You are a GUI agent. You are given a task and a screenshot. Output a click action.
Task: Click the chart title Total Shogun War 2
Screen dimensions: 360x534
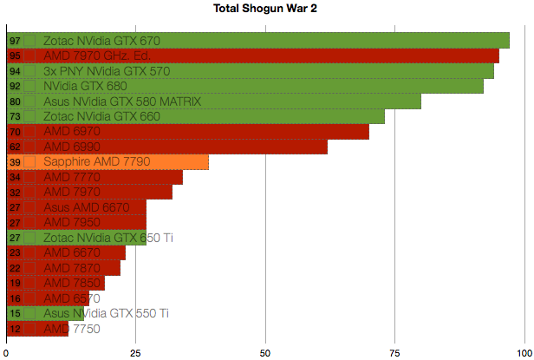(x=266, y=9)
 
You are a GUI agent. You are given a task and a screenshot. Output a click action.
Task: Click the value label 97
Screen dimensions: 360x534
(x=15, y=41)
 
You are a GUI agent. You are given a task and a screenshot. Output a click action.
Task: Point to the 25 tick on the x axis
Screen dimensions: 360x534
(x=136, y=351)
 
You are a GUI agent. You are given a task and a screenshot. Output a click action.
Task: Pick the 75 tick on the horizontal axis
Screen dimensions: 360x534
(x=394, y=351)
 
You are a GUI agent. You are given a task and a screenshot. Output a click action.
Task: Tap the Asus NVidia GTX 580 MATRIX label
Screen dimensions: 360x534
(x=122, y=101)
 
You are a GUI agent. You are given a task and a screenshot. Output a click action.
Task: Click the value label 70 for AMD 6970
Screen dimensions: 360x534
(x=15, y=132)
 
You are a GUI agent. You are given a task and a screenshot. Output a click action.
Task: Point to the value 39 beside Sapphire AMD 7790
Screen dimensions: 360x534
(x=15, y=162)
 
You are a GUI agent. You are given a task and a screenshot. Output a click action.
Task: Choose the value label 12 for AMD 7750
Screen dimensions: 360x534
(x=15, y=329)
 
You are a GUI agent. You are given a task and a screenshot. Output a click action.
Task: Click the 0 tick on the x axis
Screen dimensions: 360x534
(x=7, y=351)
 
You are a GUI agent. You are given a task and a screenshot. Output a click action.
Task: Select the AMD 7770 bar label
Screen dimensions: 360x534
(x=72, y=177)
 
